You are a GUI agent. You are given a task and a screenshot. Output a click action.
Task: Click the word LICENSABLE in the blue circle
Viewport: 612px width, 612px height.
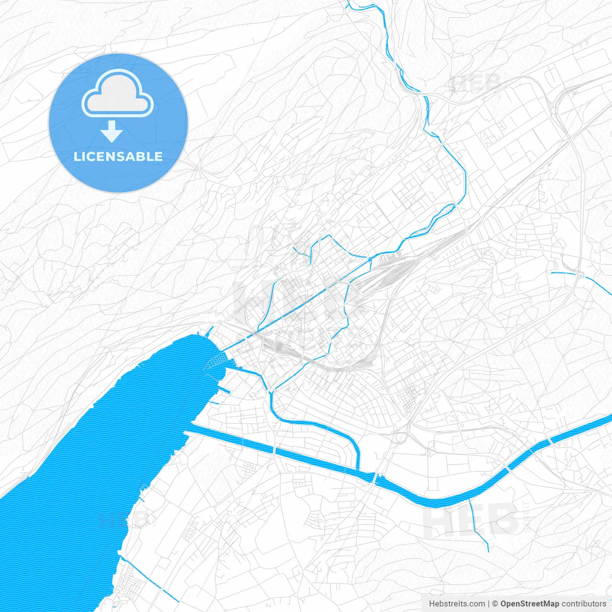click(x=118, y=156)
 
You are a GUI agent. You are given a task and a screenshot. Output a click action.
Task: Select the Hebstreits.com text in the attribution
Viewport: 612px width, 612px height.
click(x=457, y=604)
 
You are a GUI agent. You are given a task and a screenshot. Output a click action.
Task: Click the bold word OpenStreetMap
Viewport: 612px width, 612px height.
click(x=529, y=604)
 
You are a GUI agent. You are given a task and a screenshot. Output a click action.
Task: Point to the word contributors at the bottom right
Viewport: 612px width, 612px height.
click(x=583, y=604)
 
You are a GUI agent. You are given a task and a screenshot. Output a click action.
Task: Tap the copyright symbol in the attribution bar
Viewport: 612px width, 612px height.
click(x=495, y=604)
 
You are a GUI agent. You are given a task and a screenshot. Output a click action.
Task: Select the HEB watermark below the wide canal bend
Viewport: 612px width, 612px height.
click(x=471, y=521)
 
